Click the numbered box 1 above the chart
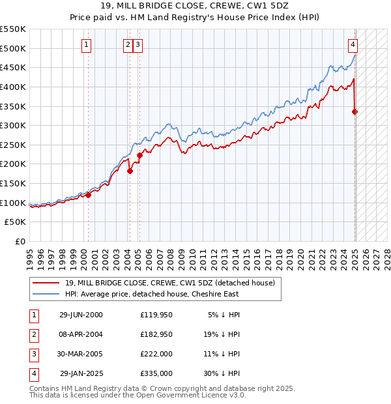(x=87, y=45)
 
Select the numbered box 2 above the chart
(x=128, y=45)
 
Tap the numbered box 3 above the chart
(x=139, y=45)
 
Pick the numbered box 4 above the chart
(x=353, y=45)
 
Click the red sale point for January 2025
(x=355, y=112)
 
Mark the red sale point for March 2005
(x=139, y=156)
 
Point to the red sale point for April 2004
(x=130, y=171)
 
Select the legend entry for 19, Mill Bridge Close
(x=170, y=283)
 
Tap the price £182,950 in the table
(x=156, y=334)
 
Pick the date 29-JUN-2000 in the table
(x=81, y=315)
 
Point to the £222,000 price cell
(x=156, y=354)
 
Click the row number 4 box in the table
(x=33, y=373)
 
